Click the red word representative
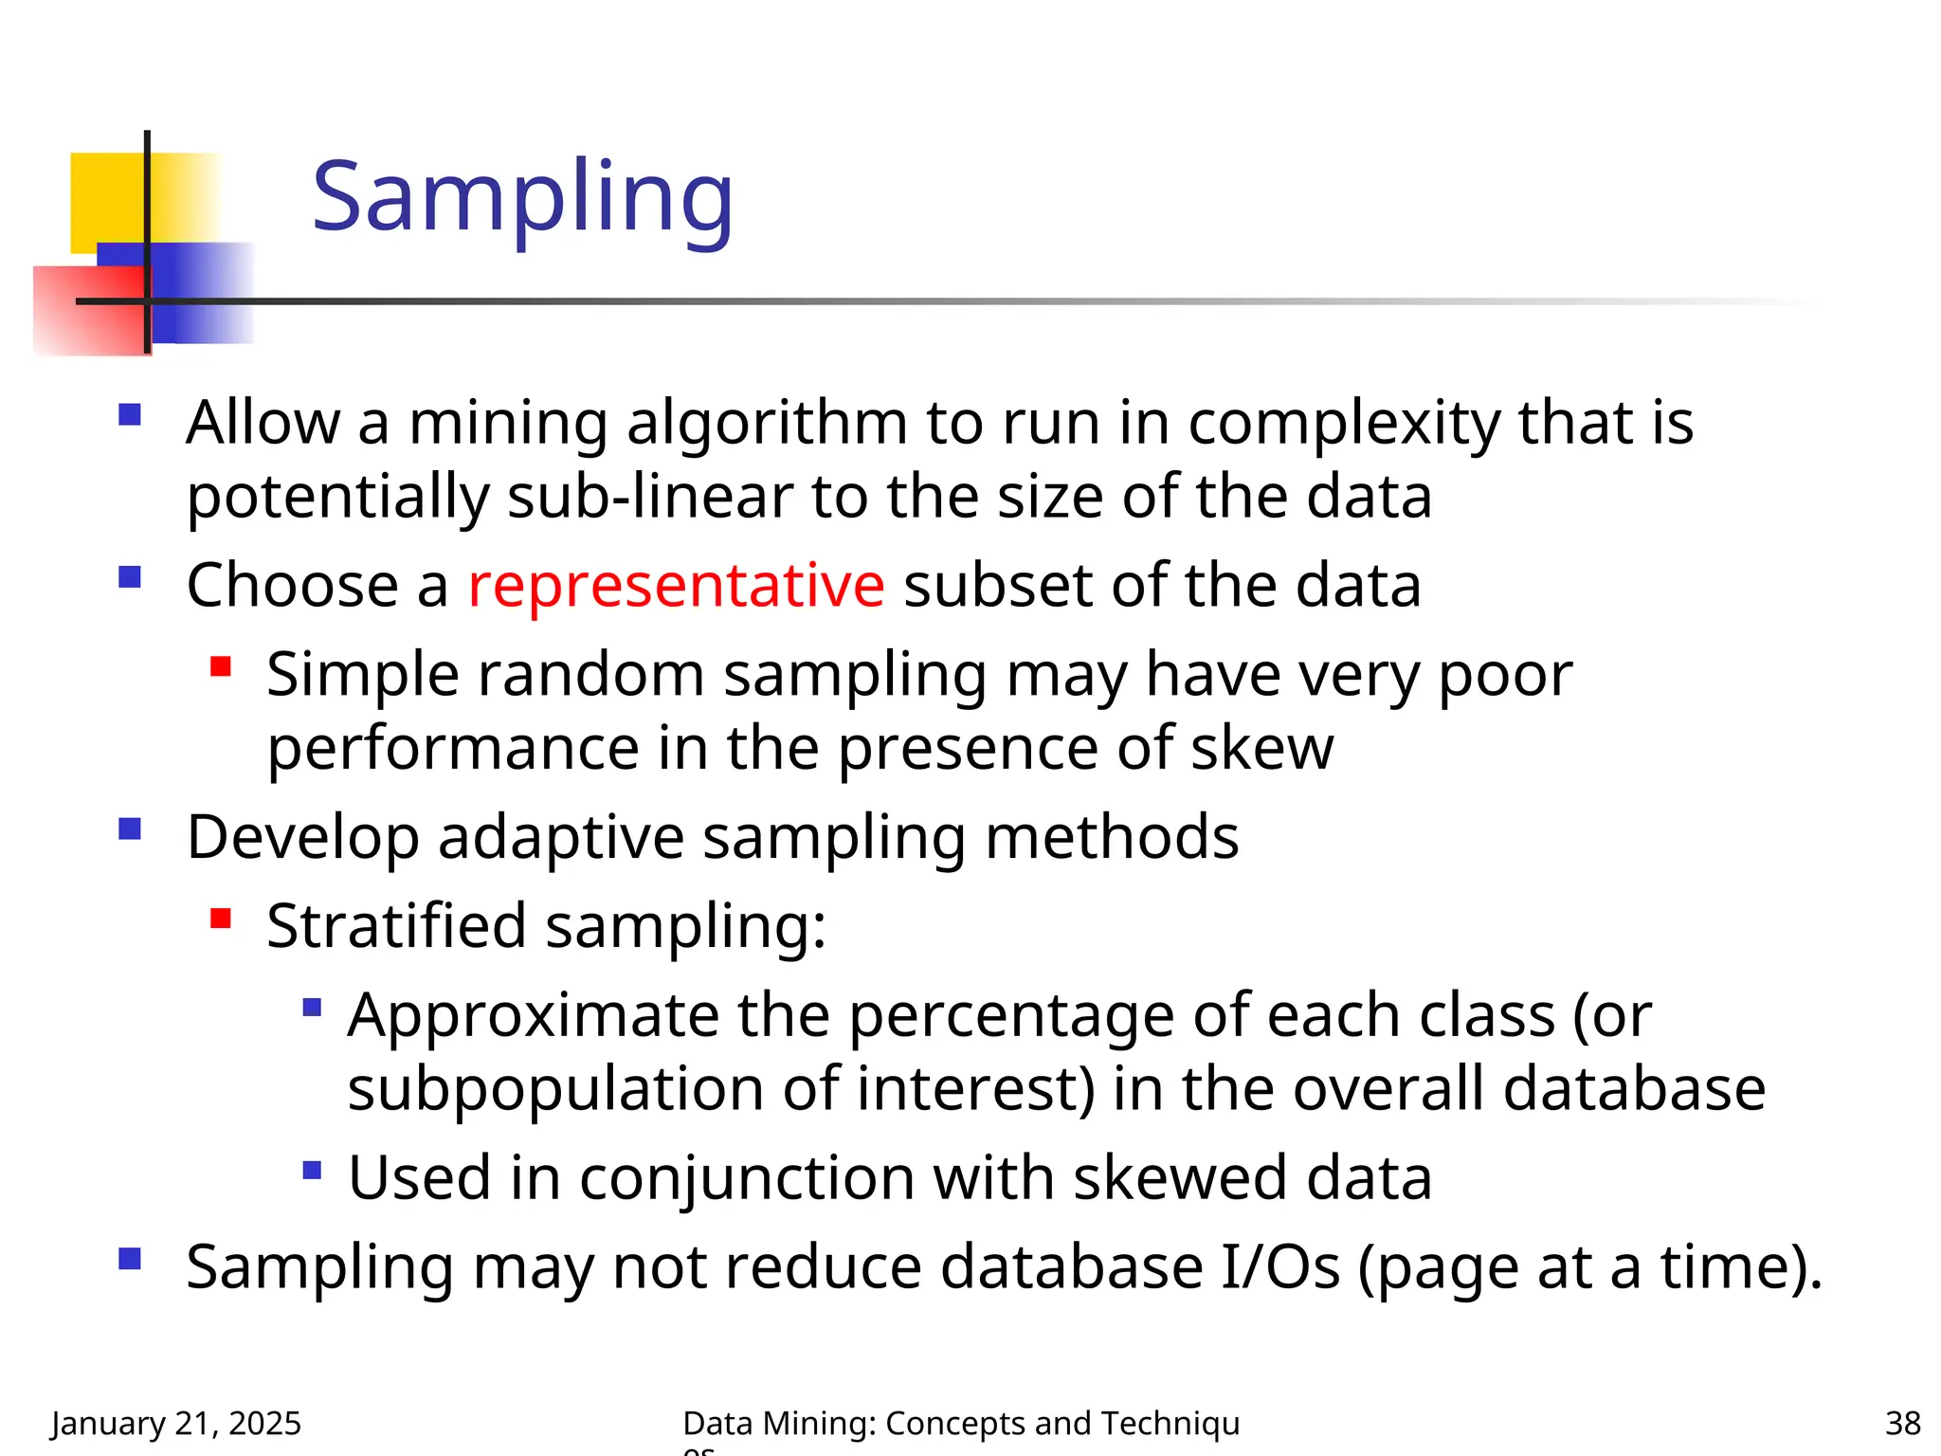676,585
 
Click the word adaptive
560,838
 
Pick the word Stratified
396,926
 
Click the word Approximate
533,1015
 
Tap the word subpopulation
555,1089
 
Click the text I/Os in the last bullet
1280,1266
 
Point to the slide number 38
1902,1423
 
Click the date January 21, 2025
176,1423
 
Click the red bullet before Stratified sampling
221,918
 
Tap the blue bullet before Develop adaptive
130,829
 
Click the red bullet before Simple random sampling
221,666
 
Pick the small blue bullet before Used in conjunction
312,1170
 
